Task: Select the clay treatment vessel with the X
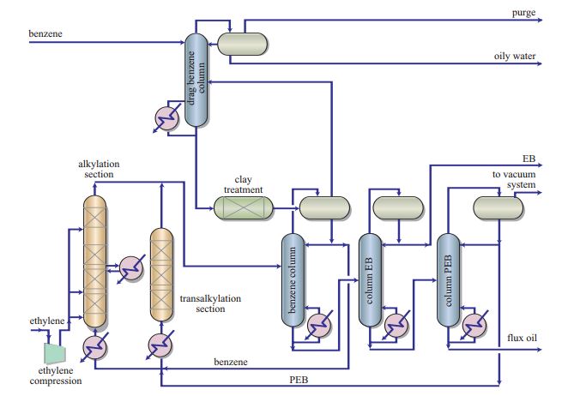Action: (x=243, y=207)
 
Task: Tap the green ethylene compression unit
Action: (x=57, y=351)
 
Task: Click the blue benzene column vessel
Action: (x=293, y=279)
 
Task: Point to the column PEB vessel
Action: (x=447, y=279)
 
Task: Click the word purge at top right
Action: (x=524, y=13)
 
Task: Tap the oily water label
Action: (x=515, y=57)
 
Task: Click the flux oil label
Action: (x=522, y=337)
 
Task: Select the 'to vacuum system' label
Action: (x=515, y=179)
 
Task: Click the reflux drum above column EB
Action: (x=398, y=207)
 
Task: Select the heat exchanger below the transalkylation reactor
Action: (x=160, y=345)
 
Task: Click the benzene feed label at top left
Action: (x=46, y=33)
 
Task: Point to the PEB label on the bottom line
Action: (x=299, y=378)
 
